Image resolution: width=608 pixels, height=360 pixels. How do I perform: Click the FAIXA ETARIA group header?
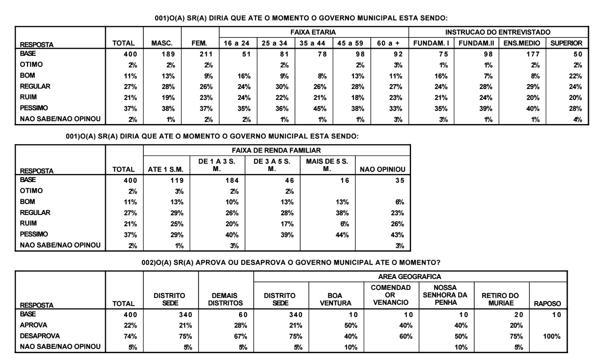click(x=313, y=32)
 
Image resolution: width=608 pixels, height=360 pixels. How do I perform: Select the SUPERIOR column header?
click(x=566, y=43)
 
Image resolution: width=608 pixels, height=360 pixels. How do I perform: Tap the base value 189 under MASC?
click(x=168, y=54)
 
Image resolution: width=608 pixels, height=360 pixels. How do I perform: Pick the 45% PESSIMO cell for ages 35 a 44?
click(x=320, y=108)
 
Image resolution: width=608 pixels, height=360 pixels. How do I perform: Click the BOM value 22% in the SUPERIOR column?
click(x=575, y=76)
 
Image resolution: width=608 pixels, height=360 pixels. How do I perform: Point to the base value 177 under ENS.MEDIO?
click(x=533, y=54)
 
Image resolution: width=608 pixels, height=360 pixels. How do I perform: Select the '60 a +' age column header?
click(x=388, y=43)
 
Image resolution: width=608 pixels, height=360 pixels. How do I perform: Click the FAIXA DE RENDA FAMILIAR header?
click(x=276, y=150)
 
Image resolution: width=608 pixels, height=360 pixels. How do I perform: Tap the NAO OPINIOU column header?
click(x=382, y=170)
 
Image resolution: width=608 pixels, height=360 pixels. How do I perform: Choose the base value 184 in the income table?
click(x=232, y=180)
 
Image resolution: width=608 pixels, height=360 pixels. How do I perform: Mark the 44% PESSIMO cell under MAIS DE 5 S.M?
click(x=342, y=235)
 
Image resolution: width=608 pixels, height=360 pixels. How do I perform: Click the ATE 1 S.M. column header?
click(x=165, y=170)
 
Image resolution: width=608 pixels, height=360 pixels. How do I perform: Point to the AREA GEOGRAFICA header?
click(x=410, y=277)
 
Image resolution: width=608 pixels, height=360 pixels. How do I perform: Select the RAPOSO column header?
click(x=547, y=304)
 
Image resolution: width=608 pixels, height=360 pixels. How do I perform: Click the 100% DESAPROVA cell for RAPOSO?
click(x=552, y=336)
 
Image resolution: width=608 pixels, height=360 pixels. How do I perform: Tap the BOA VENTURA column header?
click(x=335, y=299)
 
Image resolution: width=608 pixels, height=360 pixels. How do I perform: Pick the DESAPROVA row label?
click(x=39, y=336)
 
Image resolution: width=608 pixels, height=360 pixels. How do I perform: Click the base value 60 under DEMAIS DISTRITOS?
click(x=243, y=314)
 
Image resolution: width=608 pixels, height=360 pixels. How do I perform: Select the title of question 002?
click(x=291, y=263)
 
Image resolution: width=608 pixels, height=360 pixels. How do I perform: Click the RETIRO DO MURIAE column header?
click(x=500, y=299)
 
